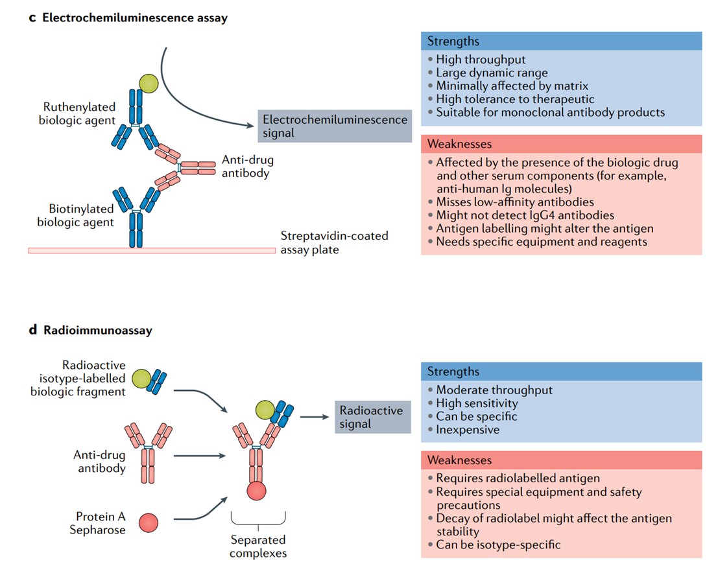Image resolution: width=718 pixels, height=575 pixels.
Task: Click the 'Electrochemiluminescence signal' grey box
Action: click(335, 126)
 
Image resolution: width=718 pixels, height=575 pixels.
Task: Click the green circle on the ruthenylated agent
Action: click(148, 82)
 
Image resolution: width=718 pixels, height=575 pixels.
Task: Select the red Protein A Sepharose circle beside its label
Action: click(148, 522)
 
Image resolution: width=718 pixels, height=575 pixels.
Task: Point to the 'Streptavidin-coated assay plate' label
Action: click(334, 242)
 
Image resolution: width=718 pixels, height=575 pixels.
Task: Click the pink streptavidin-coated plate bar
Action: click(152, 250)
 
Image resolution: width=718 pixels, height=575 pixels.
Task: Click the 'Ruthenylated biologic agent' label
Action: click(77, 113)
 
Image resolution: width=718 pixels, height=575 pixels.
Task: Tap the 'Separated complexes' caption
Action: click(257, 546)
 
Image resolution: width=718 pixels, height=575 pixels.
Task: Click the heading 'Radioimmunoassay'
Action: click(97, 330)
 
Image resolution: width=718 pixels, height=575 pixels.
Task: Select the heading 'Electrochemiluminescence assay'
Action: click(134, 18)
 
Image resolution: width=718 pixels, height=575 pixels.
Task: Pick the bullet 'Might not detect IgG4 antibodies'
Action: click(524, 215)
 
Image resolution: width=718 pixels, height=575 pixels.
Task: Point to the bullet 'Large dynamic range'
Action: click(491, 73)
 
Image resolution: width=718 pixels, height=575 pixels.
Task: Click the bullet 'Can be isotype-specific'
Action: click(497, 545)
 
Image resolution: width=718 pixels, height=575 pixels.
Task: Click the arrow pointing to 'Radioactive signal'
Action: click(315, 417)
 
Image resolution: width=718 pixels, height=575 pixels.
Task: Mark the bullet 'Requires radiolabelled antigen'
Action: click(517, 478)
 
